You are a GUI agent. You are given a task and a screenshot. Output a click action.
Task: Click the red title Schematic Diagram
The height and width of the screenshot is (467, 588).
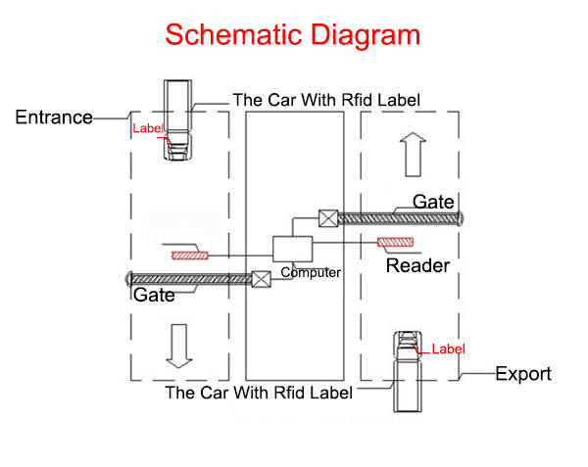293,35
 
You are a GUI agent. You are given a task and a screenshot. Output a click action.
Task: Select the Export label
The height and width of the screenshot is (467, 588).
523,374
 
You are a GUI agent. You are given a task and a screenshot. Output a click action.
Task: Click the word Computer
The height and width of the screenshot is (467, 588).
311,273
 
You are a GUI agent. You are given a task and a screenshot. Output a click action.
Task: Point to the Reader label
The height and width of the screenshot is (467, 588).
417,265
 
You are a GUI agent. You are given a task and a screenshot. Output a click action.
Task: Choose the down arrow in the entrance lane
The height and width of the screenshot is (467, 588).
178,346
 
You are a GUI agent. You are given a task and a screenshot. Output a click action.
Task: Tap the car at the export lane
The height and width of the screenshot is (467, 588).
409,373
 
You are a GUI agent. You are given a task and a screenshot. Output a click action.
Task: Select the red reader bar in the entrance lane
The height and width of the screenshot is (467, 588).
189,256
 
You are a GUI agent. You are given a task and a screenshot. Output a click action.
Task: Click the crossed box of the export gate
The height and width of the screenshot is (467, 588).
328,217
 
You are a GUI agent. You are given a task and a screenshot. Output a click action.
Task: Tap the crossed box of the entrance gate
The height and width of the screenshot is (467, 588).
261,278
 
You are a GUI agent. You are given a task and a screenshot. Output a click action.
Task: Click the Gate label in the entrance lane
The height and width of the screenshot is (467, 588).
155,295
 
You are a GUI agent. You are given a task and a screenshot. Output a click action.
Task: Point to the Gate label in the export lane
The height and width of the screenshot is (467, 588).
433,202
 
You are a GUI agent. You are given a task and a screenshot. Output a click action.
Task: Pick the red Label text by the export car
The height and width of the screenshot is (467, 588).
448,349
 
